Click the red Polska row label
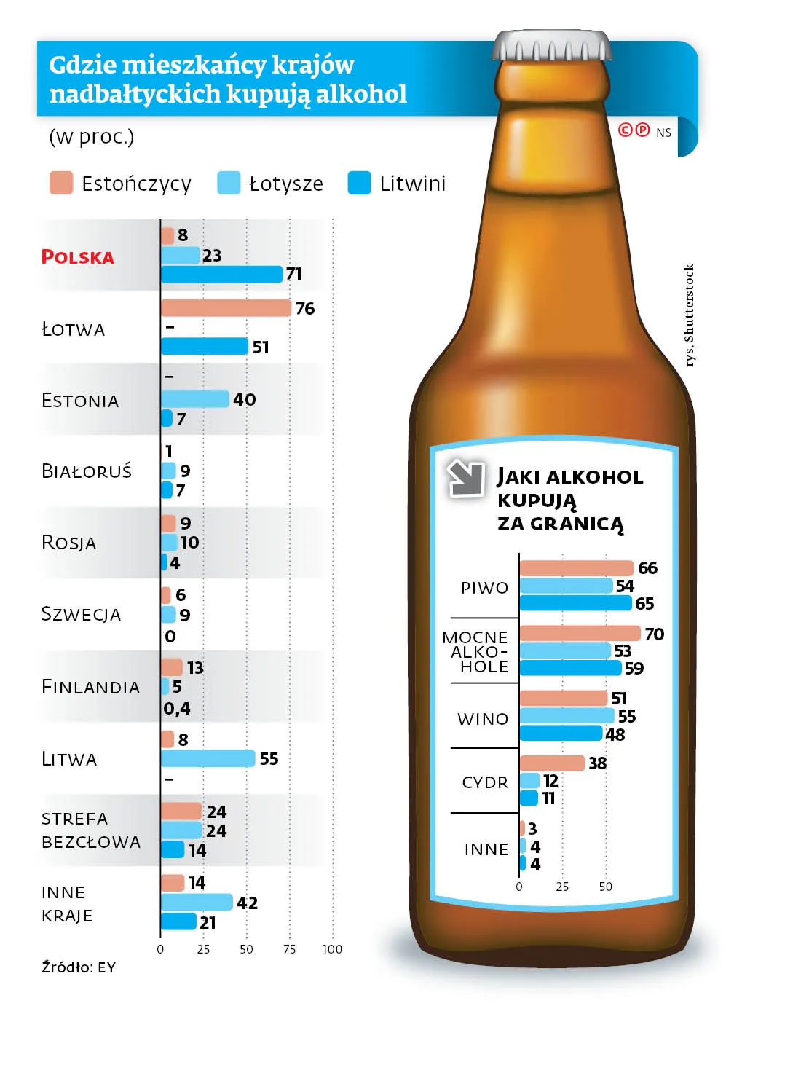click(78, 256)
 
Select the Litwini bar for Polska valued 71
click(222, 275)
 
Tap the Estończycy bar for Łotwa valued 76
click(226, 308)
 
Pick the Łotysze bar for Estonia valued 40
click(195, 399)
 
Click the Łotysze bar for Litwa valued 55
click(208, 758)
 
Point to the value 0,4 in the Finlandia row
click(177, 708)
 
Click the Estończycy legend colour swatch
click(61, 183)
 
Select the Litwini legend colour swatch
click(359, 183)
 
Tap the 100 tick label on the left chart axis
click(332, 949)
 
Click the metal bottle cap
click(552, 46)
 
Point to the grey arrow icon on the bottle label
click(465, 478)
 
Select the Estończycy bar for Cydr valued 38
click(552, 763)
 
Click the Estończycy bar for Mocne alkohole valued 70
click(580, 633)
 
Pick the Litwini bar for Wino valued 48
click(561, 734)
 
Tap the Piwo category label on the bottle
click(485, 588)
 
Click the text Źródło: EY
click(79, 967)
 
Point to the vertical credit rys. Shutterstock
click(689, 315)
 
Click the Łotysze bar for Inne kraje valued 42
click(197, 903)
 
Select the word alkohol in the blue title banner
click(362, 93)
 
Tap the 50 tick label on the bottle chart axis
click(606, 887)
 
